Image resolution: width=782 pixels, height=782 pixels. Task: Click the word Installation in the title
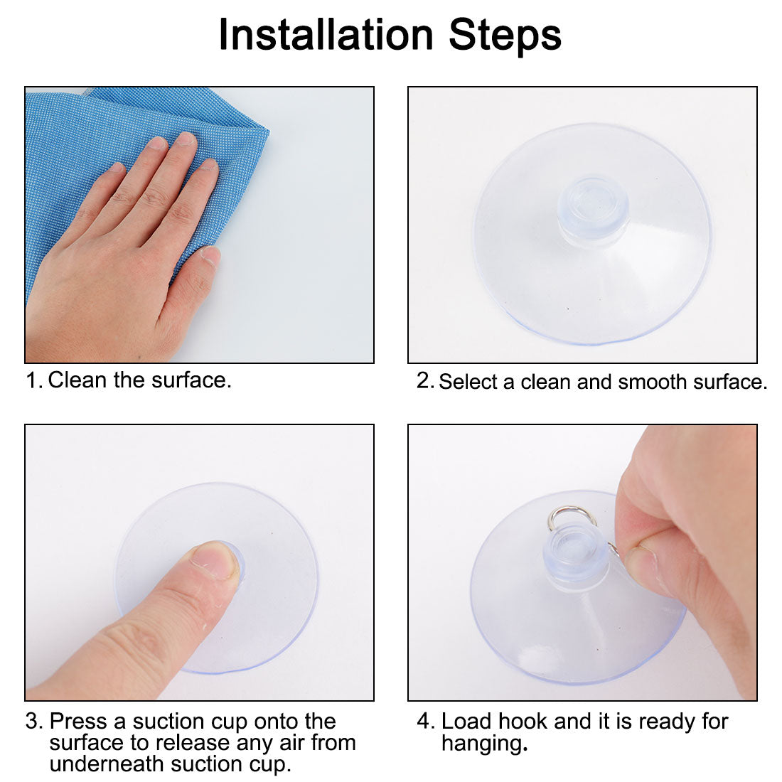pyautogui.click(x=326, y=35)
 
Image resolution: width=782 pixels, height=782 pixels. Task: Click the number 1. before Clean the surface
pyautogui.click(x=34, y=380)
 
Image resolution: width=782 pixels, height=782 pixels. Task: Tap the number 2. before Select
pyautogui.click(x=424, y=381)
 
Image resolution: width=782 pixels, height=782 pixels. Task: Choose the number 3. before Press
pyautogui.click(x=34, y=722)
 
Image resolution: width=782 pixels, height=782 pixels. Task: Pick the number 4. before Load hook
pyautogui.click(x=424, y=722)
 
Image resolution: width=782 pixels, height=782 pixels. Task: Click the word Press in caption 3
pyautogui.click(x=78, y=722)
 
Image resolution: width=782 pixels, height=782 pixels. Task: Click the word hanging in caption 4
pyautogui.click(x=481, y=744)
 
